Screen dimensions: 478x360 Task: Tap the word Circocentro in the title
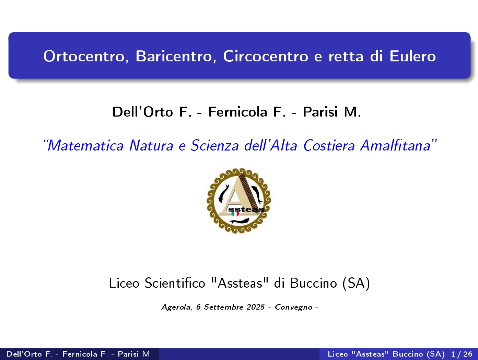tap(266, 56)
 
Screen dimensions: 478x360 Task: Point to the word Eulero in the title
tap(413, 56)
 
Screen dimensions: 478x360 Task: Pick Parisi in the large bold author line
tap(320, 112)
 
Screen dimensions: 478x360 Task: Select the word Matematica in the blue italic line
tap(85, 145)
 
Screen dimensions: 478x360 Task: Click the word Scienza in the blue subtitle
tap(215, 145)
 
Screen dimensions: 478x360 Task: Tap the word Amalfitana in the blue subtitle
tap(395, 145)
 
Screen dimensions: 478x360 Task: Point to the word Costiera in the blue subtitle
tap(329, 145)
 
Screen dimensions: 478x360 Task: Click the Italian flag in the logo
tap(235, 214)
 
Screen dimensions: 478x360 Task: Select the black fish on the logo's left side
tap(223, 193)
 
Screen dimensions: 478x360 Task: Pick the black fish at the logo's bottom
tap(239, 221)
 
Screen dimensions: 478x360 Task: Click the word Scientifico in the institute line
tap(175, 283)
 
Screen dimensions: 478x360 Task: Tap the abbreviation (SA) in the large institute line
tap(356, 284)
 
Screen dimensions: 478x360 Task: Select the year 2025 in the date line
tap(255, 307)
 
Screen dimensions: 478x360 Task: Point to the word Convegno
tap(293, 308)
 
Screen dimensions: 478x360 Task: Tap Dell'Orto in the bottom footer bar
tap(24, 354)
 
